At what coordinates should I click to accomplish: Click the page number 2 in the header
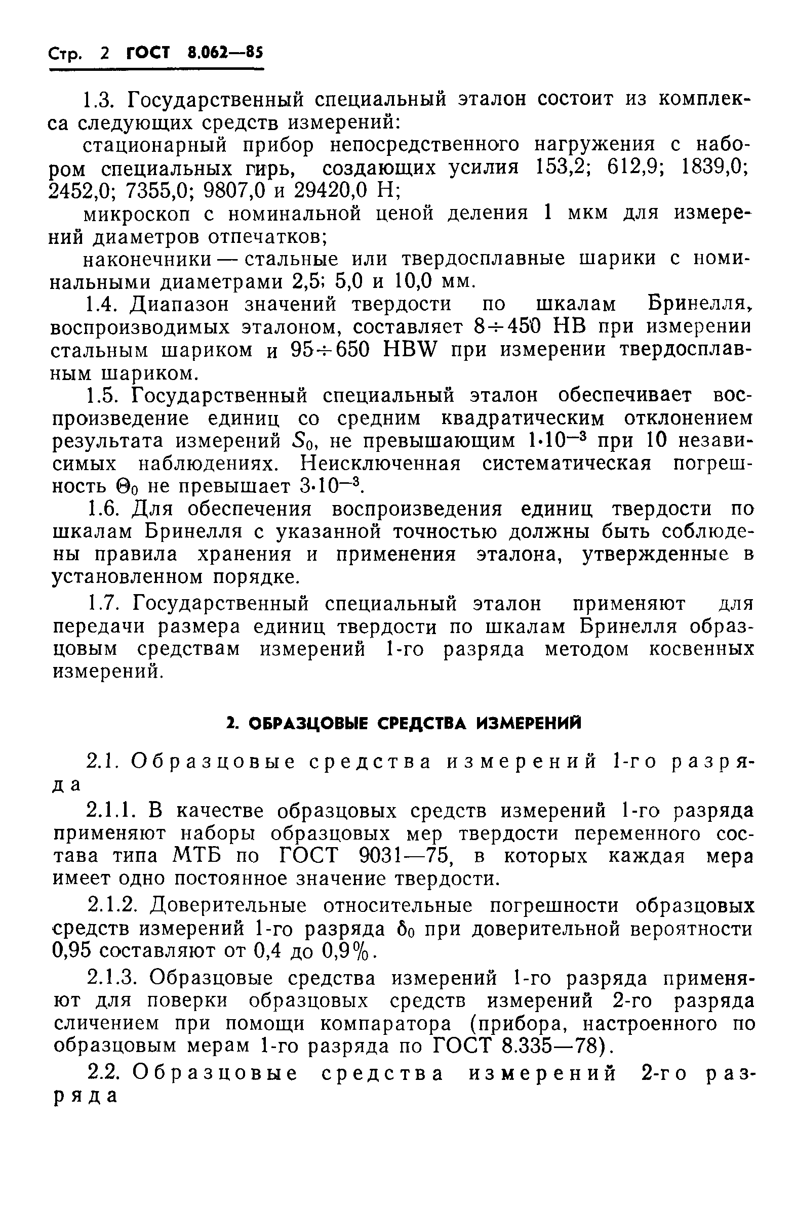(x=105, y=53)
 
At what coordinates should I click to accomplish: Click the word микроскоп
(x=136, y=214)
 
